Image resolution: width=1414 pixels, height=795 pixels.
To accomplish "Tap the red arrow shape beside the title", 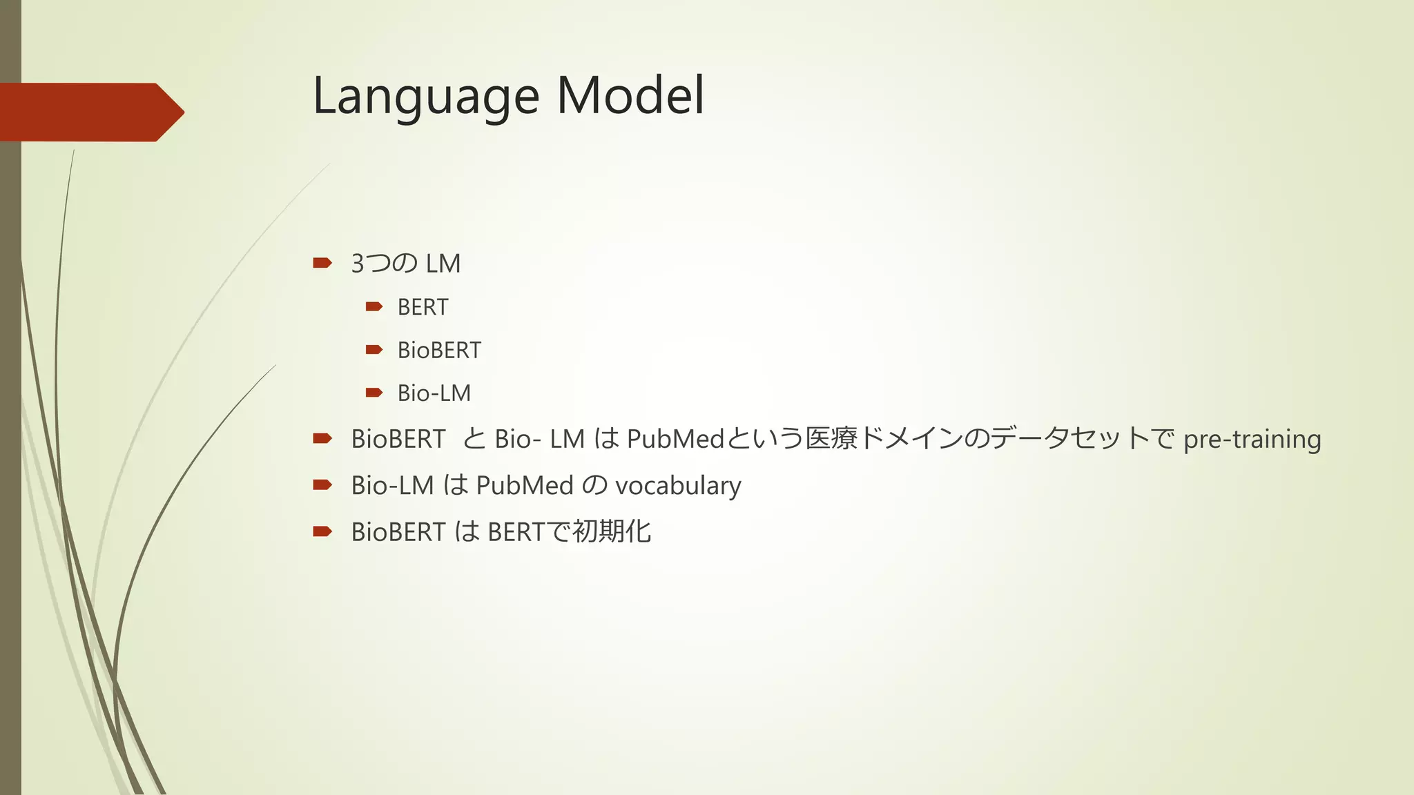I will pyautogui.click(x=90, y=112).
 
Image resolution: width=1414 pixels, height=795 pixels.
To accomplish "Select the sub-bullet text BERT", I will pyautogui.click(x=423, y=307).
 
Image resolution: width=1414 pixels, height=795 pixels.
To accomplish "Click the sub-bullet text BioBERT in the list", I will pyautogui.click(x=439, y=351).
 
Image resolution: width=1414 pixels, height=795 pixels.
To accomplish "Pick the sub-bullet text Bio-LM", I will pyautogui.click(x=434, y=393).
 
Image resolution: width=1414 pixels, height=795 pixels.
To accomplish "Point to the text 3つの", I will pyautogui.click(x=384, y=264).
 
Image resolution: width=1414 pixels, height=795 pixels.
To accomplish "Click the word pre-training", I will pyautogui.click(x=1252, y=439).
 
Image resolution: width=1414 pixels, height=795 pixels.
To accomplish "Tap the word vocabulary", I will pyautogui.click(x=678, y=486).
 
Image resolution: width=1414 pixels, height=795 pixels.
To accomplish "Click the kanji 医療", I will pyautogui.click(x=831, y=439).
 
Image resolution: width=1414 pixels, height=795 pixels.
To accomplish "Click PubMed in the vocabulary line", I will pyautogui.click(x=525, y=486).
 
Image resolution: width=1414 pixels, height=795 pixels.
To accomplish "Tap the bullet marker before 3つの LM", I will pyautogui.click(x=322, y=263).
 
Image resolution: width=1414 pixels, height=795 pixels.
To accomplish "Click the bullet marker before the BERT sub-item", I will pyautogui.click(x=374, y=306).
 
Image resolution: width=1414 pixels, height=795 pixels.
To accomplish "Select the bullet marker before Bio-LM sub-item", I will pyautogui.click(x=374, y=393).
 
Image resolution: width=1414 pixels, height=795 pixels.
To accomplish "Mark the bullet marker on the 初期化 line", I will pyautogui.click(x=322, y=531).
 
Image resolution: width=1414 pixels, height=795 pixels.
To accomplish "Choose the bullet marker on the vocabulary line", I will pyautogui.click(x=322, y=485).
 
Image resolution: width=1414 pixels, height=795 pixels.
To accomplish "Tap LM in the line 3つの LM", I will pyautogui.click(x=443, y=264).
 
